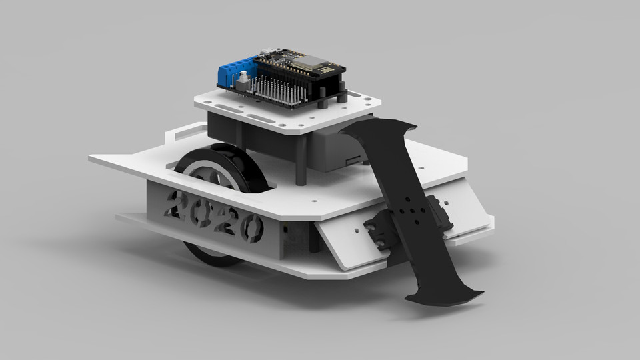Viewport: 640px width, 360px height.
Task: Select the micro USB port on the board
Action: tap(267, 50)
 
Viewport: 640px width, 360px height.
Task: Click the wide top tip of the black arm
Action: tap(380, 130)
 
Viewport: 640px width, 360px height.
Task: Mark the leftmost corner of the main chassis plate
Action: tap(90, 159)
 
